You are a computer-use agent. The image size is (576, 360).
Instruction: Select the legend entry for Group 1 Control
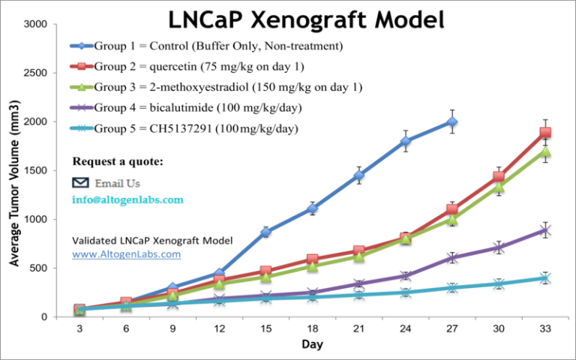click(217, 46)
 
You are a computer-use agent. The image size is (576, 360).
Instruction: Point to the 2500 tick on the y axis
click(36, 73)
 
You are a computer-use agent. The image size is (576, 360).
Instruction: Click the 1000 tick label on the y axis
click(36, 220)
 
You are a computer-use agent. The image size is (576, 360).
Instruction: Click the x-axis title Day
click(312, 345)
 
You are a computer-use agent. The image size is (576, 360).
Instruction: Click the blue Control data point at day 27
click(451, 121)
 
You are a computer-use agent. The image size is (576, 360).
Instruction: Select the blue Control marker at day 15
click(265, 232)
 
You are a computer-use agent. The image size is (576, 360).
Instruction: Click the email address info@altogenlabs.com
click(127, 200)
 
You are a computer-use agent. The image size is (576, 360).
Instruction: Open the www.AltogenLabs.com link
click(126, 254)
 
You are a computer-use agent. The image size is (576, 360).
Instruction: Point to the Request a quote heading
click(118, 162)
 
